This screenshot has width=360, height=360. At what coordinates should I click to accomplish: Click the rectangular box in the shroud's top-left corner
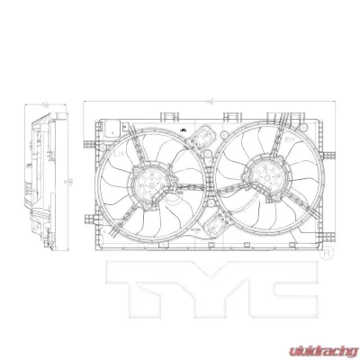point(110,128)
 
